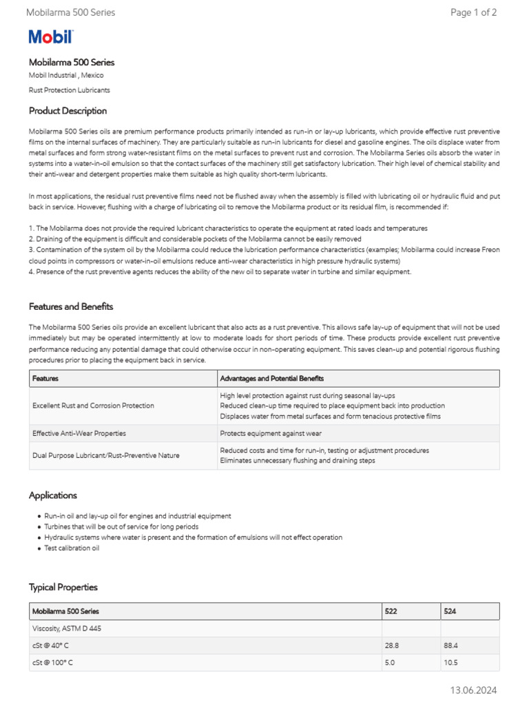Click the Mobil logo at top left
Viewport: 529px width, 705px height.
[x=50, y=37]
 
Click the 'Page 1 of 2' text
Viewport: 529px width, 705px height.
[x=473, y=12]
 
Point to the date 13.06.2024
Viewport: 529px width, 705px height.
[x=473, y=690]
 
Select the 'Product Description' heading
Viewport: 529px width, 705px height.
[x=68, y=111]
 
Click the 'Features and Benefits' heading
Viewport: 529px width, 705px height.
[x=71, y=306]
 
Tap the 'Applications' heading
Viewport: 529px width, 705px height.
[x=53, y=495]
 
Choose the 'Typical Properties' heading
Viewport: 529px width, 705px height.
[x=63, y=587]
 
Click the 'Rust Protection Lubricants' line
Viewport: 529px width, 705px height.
[x=69, y=90]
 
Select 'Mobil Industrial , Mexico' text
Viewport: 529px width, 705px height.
[x=66, y=75]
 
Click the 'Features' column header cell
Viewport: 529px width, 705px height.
[x=45, y=379]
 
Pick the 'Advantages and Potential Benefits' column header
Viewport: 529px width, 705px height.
[x=271, y=379]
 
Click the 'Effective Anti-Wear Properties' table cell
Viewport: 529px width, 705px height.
[x=79, y=434]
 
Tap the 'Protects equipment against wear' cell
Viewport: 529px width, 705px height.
[x=271, y=434]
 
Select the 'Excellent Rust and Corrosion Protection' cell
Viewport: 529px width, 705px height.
[x=93, y=406]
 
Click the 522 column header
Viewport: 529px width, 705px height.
[x=392, y=611]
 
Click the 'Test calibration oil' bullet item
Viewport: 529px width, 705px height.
[x=72, y=548]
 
